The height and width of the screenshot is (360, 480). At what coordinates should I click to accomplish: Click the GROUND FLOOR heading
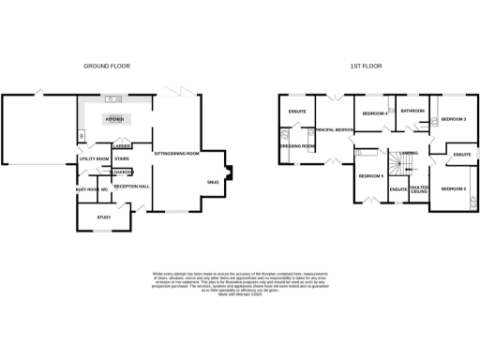pyautogui.click(x=107, y=67)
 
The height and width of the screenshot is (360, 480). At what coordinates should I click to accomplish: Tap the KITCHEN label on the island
pyautogui.click(x=114, y=120)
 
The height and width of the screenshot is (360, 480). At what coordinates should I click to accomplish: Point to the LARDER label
pyautogui.click(x=121, y=146)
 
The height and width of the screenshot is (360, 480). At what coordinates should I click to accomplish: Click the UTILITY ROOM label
pyautogui.click(x=95, y=159)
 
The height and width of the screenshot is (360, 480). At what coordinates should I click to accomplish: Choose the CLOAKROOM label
pyautogui.click(x=123, y=172)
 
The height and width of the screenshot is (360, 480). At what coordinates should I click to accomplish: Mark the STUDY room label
pyautogui.click(x=103, y=217)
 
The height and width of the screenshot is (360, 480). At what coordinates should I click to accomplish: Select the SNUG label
pyautogui.click(x=213, y=182)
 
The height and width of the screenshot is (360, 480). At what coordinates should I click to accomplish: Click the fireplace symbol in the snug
pyautogui.click(x=230, y=172)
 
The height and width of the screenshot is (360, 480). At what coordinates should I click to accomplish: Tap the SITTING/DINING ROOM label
pyautogui.click(x=176, y=153)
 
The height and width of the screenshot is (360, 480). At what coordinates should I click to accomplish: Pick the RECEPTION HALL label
pyautogui.click(x=132, y=187)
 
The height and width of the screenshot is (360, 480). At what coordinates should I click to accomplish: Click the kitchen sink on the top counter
pyautogui.click(x=111, y=98)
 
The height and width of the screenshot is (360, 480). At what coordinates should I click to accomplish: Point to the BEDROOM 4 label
pyautogui.click(x=375, y=113)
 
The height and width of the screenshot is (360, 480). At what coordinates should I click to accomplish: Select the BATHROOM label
pyautogui.click(x=412, y=111)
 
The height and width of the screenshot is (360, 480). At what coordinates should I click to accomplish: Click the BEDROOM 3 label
pyautogui.click(x=454, y=119)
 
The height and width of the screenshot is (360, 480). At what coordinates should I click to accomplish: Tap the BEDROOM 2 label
pyautogui.click(x=454, y=190)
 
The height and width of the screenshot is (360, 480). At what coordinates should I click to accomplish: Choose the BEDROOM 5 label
pyautogui.click(x=370, y=175)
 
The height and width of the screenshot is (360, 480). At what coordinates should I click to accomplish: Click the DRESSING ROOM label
pyautogui.click(x=297, y=146)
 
